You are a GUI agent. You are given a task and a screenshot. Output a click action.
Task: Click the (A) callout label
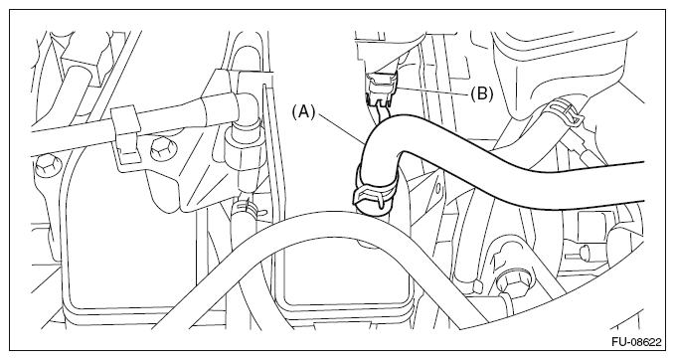304,112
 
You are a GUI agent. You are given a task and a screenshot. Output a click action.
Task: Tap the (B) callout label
481,93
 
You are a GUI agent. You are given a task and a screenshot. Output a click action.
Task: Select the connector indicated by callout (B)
381,90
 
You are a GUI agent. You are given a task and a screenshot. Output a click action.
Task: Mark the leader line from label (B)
432,90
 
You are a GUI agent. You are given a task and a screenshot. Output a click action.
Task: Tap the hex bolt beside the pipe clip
160,150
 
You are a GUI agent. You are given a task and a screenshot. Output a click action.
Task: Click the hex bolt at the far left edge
45,165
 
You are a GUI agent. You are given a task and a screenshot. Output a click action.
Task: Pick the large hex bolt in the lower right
509,284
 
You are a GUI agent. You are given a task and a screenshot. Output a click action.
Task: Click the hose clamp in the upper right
564,111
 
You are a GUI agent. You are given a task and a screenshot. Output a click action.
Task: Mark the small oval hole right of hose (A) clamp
437,188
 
